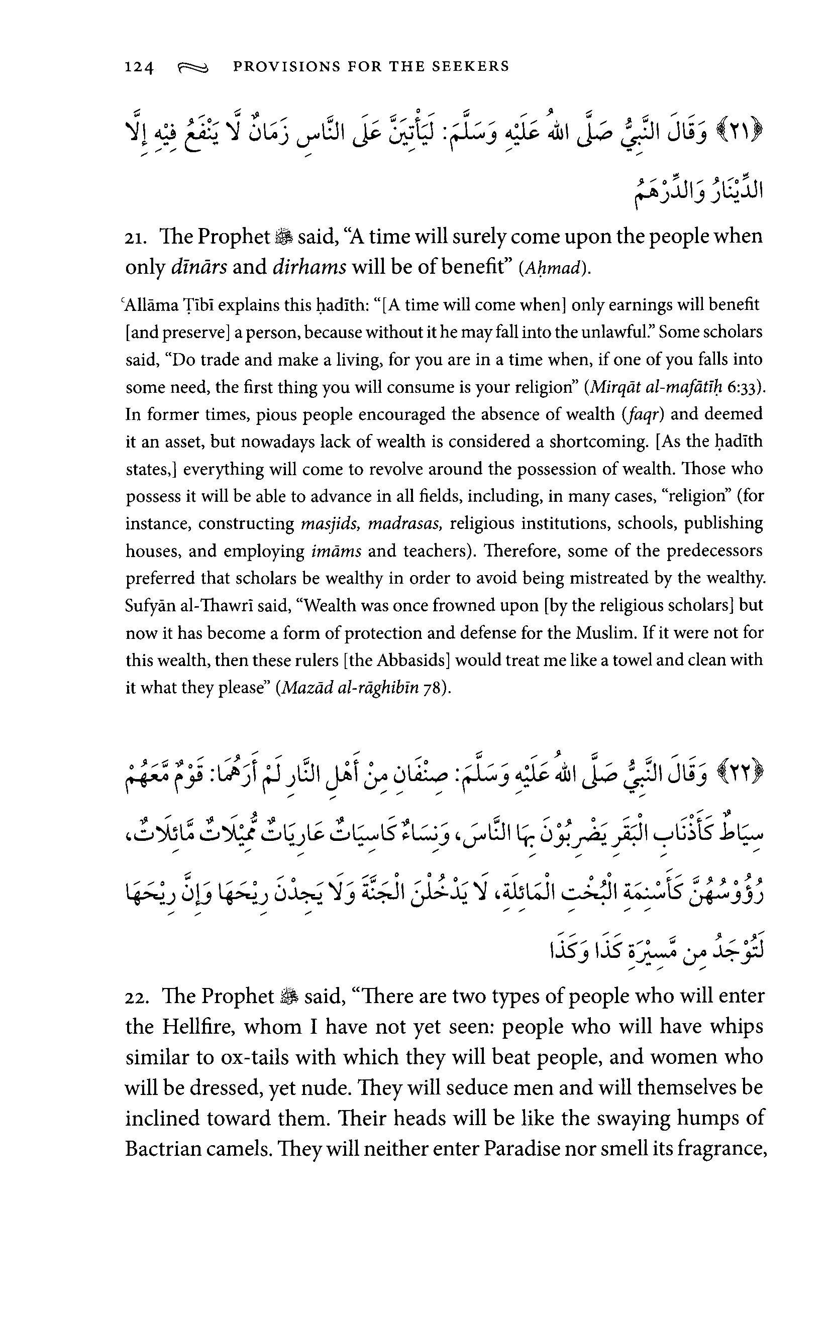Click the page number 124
[139, 67]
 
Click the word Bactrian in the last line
[159, 1148]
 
